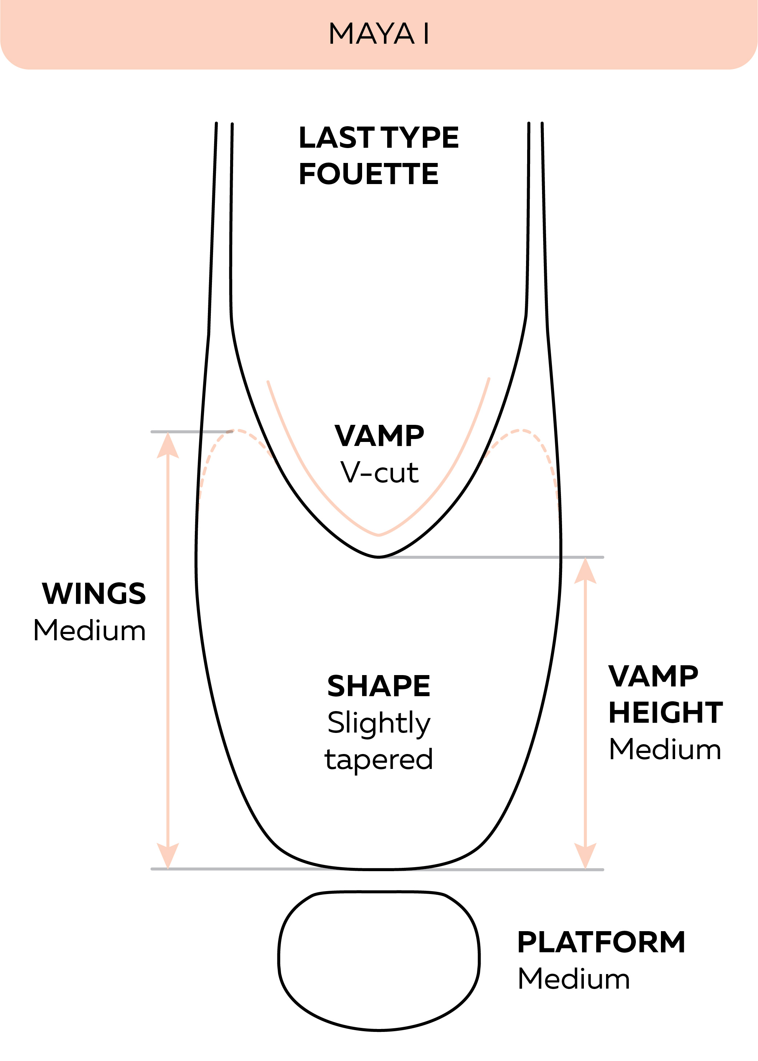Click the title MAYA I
point(378,33)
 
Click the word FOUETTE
point(369,174)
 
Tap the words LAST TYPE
point(378,138)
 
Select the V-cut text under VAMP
point(379,472)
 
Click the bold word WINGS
point(94,594)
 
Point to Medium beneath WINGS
point(90,630)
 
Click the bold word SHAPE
point(378,686)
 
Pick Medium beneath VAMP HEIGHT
point(665,750)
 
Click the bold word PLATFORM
point(601,942)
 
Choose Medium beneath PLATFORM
point(574,979)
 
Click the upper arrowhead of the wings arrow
point(168,445)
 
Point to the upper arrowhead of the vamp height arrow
point(585,571)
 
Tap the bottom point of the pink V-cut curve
point(378,535)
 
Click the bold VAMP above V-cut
point(379,436)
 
